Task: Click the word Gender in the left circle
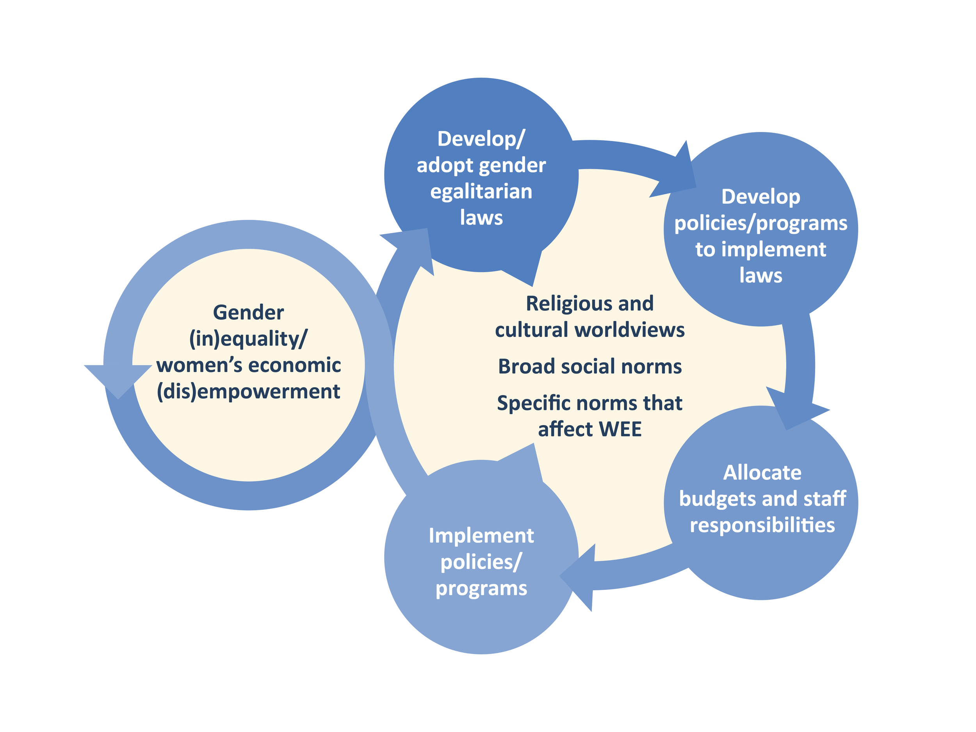click(248, 313)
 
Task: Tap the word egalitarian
click(481, 192)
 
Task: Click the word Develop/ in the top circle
click(481, 139)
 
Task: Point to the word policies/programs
click(760, 224)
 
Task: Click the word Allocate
click(762, 472)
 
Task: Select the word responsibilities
click(762, 525)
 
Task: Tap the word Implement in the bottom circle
click(481, 536)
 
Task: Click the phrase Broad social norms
click(590, 367)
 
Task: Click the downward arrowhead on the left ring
click(118, 379)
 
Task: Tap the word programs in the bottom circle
click(481, 589)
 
